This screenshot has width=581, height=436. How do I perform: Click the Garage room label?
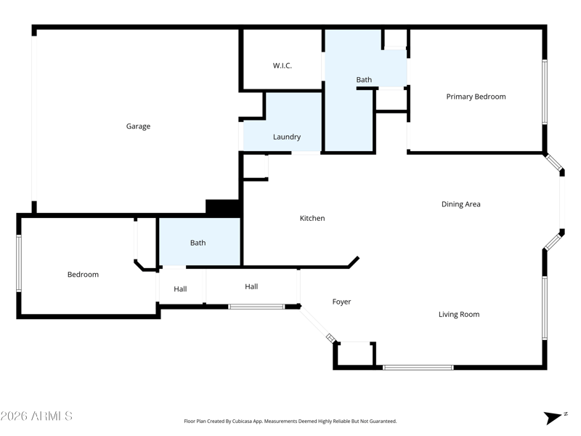[138, 126]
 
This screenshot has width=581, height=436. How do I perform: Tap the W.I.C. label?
[283, 65]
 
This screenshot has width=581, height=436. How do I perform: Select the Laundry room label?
[287, 137]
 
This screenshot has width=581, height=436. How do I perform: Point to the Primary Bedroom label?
[476, 97]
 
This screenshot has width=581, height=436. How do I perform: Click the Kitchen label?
[312, 218]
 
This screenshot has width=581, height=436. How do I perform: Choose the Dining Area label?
[461, 204]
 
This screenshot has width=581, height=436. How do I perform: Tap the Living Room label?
[459, 315]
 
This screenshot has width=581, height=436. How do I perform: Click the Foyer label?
[341, 302]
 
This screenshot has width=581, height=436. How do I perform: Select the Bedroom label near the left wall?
[83, 275]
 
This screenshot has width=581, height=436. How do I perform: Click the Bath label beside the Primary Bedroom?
[364, 80]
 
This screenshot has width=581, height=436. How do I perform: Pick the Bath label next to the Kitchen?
[198, 243]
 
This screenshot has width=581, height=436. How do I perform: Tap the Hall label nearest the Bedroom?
[180, 288]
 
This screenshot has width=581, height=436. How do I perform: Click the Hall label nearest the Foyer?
[251, 286]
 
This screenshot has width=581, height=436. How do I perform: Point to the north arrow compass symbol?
[554, 417]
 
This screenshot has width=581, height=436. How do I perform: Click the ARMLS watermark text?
[36, 416]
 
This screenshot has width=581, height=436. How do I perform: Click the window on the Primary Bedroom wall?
[545, 92]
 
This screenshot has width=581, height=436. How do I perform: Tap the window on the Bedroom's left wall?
[19, 263]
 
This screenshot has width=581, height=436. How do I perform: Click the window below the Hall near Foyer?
[256, 307]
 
